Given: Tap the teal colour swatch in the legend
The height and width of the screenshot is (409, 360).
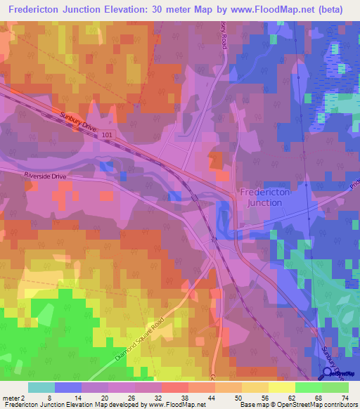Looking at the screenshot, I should (x=41, y=387).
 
